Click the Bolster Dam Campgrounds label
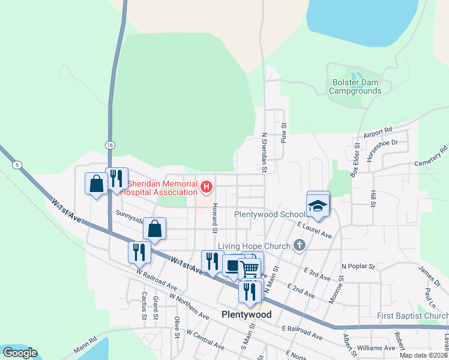click(x=355, y=86)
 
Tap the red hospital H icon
click(x=206, y=187)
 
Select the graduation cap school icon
click(x=318, y=206)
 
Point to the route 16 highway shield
click(x=109, y=145)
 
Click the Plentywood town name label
click(x=246, y=314)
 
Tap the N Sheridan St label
click(x=264, y=152)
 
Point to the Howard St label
click(x=213, y=217)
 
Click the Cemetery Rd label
click(x=432, y=155)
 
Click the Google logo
click(x=20, y=353)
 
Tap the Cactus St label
click(x=143, y=305)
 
